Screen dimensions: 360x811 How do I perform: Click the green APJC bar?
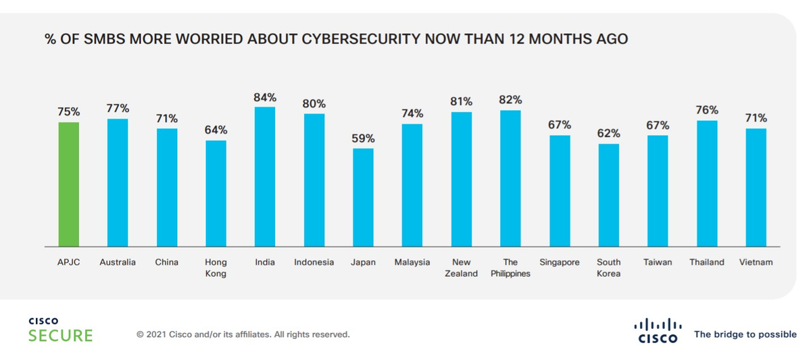pyautogui.click(x=69, y=184)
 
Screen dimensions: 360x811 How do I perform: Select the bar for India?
pyautogui.click(x=265, y=176)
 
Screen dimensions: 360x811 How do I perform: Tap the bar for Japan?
pyautogui.click(x=363, y=197)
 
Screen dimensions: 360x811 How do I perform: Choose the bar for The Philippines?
pyautogui.click(x=510, y=178)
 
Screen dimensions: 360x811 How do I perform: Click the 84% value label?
pyautogui.click(x=265, y=97)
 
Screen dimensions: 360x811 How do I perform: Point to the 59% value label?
pyautogui.click(x=363, y=138)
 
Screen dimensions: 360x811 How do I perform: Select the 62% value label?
pyautogui.click(x=608, y=134)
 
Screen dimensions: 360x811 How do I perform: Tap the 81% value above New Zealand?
pyautogui.click(x=461, y=102)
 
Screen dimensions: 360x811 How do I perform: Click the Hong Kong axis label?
pyautogui.click(x=216, y=267)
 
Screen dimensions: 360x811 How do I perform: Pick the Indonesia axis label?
pyautogui.click(x=314, y=262)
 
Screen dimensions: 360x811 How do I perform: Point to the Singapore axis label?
pyautogui.click(x=560, y=262)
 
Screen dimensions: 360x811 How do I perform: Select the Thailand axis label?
pyautogui.click(x=707, y=262)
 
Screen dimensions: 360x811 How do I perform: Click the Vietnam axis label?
pyautogui.click(x=756, y=262)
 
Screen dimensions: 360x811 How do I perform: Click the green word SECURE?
pyautogui.click(x=60, y=336)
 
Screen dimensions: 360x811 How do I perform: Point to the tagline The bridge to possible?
pyautogui.click(x=745, y=334)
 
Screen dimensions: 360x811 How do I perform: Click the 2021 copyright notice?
pyautogui.click(x=243, y=334)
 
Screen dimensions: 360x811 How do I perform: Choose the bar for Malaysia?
pyautogui.click(x=412, y=185)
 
